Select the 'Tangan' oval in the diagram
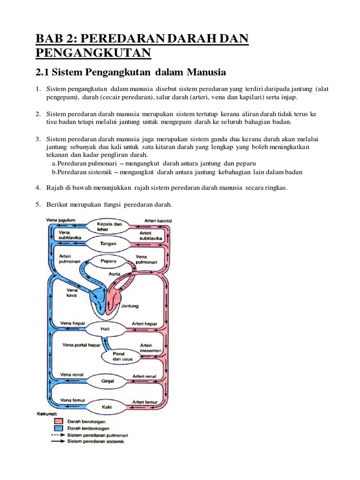(109, 244)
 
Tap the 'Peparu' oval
(109, 259)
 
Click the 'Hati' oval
(105, 329)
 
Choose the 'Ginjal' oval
(108, 381)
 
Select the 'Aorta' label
(115, 273)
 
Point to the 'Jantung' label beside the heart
(130, 306)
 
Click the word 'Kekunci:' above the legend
(46, 414)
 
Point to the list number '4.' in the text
(38, 188)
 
